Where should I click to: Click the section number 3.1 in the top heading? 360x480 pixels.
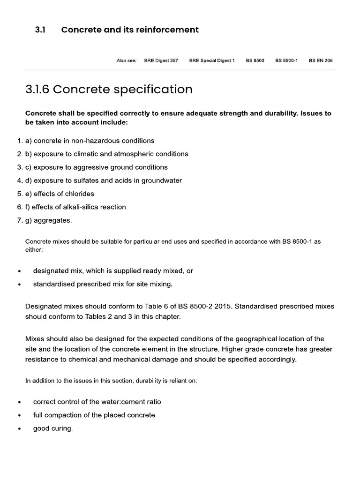pos(40,30)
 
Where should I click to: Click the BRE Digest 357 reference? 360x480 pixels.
pos(161,61)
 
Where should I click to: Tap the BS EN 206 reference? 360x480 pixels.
pos(321,61)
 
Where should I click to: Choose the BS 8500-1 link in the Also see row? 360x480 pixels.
pos(286,61)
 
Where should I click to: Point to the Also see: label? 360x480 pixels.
pos(126,61)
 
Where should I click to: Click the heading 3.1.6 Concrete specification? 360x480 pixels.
pos(109,90)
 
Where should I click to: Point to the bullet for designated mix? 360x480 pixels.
pos(19,271)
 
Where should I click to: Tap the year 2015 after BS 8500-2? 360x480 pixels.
pos(223,307)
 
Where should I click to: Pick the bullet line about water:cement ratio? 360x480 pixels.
pos(97,402)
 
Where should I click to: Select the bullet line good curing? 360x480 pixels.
pos(52,428)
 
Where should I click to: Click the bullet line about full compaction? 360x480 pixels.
pos(94,415)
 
